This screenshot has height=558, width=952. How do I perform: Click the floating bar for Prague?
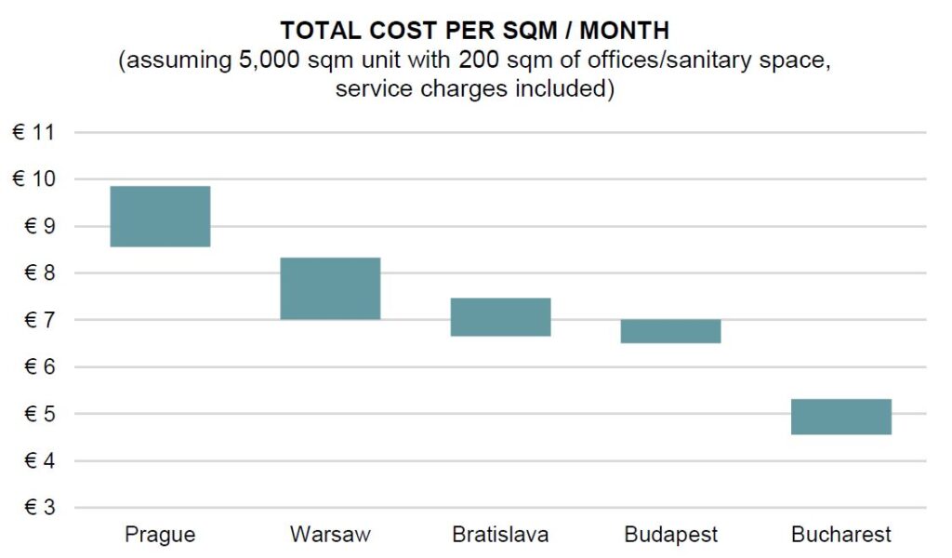pos(160,216)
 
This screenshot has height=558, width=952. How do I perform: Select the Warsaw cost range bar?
pos(330,288)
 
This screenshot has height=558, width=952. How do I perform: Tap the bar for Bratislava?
pos(501,317)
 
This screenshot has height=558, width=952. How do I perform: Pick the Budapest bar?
pos(671,331)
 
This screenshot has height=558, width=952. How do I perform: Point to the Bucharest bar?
pos(841,417)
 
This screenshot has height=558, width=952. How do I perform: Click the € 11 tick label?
pos(33,133)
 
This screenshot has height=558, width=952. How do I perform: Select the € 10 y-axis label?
pos(33,179)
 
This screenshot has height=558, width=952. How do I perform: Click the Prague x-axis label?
pos(160,535)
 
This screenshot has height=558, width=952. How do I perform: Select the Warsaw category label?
pos(330,535)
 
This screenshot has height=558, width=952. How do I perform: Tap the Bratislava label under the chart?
pos(500,535)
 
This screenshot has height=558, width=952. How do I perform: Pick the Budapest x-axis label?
pos(671,535)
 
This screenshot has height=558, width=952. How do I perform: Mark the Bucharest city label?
pos(841,535)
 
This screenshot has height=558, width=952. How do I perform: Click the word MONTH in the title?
pos(628,32)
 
